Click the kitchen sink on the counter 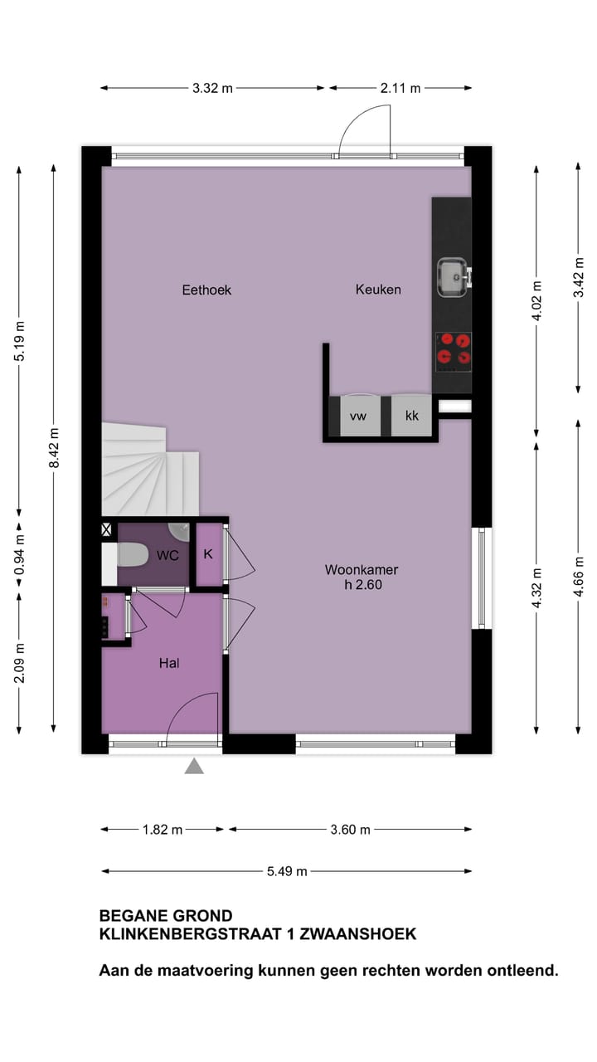click(x=453, y=277)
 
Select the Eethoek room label click(x=206, y=290)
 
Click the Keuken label click(x=378, y=290)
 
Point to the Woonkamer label click(x=361, y=570)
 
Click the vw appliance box click(x=358, y=417)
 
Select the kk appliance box click(x=412, y=417)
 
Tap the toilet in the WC click(x=132, y=554)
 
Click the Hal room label click(x=169, y=663)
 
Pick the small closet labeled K click(x=208, y=554)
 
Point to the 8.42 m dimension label click(x=54, y=448)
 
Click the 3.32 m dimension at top click(x=212, y=88)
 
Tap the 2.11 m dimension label click(x=400, y=88)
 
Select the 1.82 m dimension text click(x=162, y=830)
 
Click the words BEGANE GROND click(x=166, y=916)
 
